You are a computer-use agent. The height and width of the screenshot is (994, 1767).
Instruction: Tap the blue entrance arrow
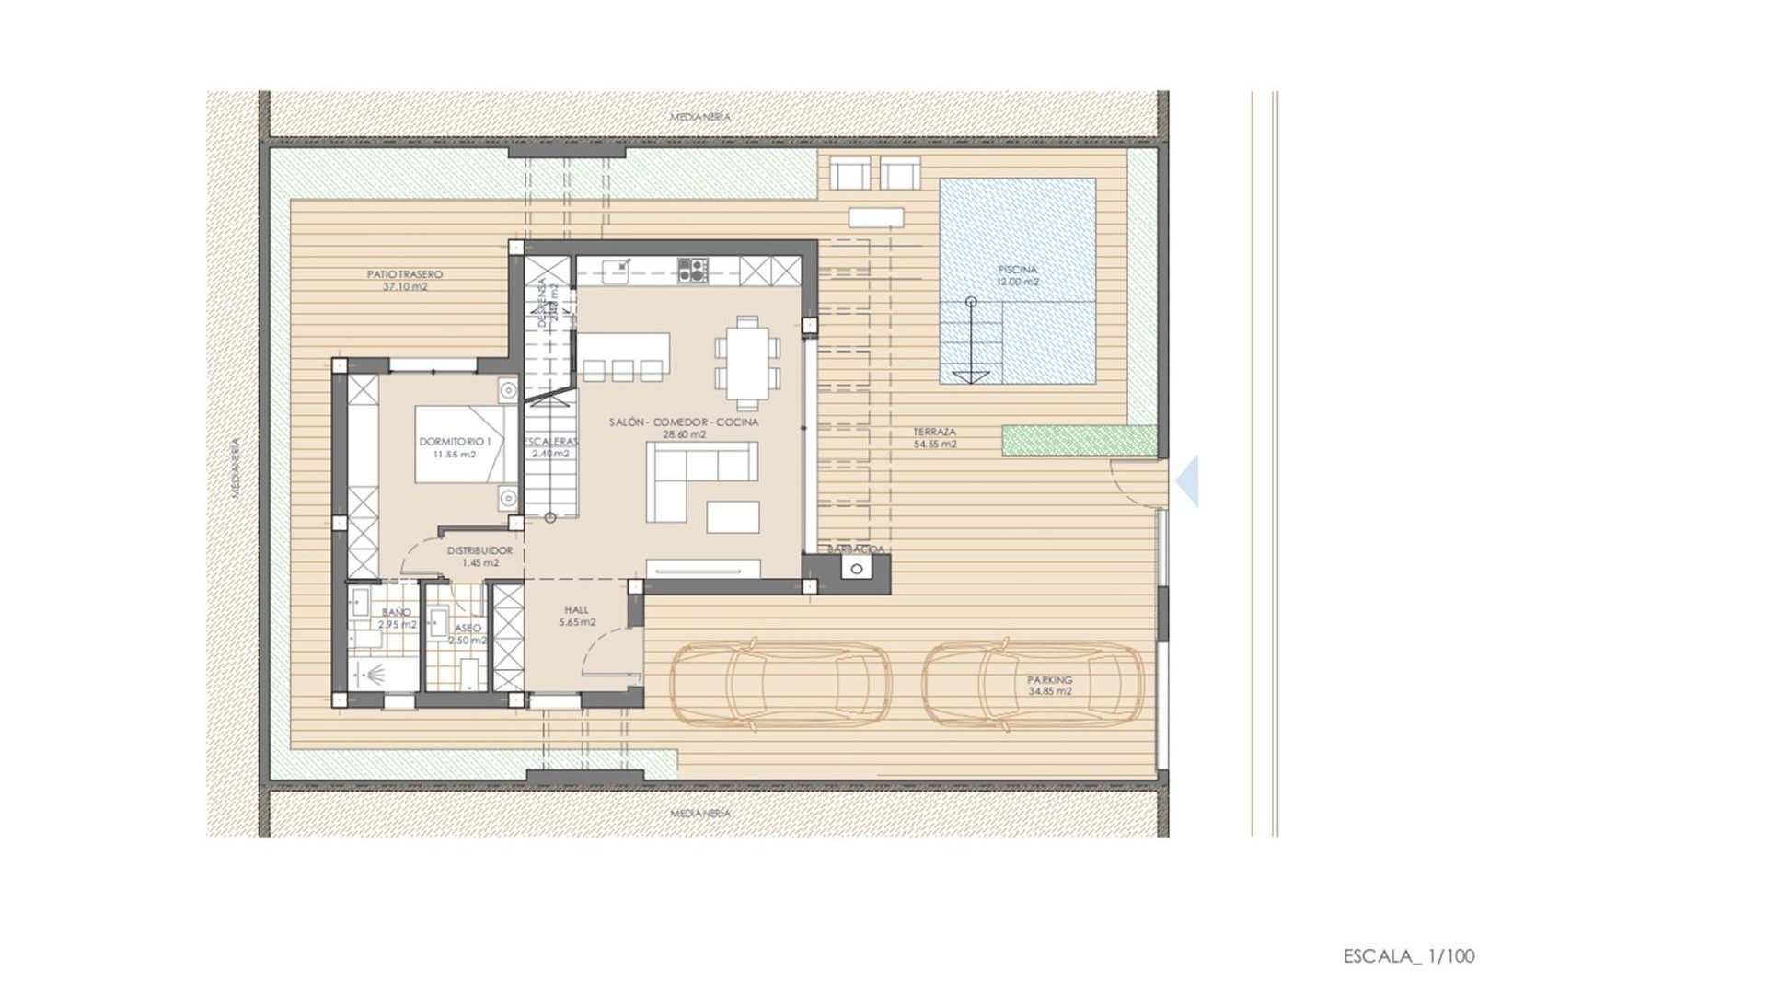click(1188, 480)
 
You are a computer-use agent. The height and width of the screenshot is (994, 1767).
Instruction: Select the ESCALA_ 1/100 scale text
click(1408, 956)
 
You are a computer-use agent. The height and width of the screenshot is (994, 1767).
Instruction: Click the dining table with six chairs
click(747, 363)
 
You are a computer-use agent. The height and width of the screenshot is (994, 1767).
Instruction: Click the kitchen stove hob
click(692, 270)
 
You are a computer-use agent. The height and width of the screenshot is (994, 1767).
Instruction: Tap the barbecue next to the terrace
click(857, 569)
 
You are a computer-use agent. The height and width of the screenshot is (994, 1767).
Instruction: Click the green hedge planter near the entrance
click(1079, 440)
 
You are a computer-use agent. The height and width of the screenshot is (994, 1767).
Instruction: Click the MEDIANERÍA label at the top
click(700, 117)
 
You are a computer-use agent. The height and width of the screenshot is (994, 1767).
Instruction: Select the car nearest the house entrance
click(780, 687)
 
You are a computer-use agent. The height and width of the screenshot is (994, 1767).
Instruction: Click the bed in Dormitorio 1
click(465, 445)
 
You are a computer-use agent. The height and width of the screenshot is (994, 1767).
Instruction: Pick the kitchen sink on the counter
click(618, 269)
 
